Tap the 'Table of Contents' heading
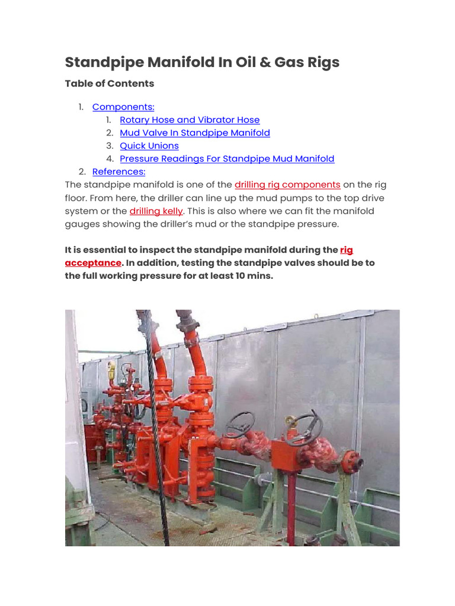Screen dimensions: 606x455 coord(109,83)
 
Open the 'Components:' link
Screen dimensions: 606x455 coord(123,107)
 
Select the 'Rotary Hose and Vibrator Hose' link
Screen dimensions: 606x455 coord(190,120)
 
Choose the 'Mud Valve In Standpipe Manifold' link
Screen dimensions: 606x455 coord(194,133)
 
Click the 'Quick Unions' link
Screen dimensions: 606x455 coord(149,146)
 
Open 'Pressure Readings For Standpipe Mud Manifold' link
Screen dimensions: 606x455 coord(227,159)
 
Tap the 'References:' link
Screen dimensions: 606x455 coord(118,172)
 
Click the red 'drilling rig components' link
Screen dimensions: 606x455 coord(287,185)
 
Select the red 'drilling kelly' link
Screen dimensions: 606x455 coord(156,211)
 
